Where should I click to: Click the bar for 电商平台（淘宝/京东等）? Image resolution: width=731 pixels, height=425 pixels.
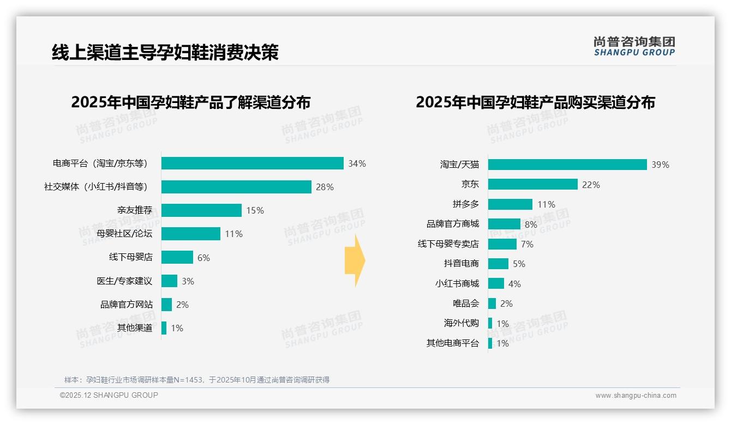(252, 163)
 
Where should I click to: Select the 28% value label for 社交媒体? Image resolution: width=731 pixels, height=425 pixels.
(325, 187)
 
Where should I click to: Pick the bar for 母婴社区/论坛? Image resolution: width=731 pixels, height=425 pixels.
(191, 234)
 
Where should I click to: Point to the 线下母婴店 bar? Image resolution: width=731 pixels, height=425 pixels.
(177, 257)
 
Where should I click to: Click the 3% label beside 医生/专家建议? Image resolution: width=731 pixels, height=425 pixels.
(188, 281)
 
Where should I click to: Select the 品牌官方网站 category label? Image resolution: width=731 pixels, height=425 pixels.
(127, 305)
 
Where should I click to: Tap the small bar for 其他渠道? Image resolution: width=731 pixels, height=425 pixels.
(164, 328)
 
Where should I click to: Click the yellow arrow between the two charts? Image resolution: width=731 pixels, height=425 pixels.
(355, 260)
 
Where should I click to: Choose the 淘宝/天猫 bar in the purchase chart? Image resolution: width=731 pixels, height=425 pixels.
(567, 165)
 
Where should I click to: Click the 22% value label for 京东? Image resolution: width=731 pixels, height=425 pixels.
(591, 185)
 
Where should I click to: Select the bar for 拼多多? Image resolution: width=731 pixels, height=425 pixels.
(510, 204)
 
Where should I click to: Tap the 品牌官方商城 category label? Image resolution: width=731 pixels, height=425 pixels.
(452, 224)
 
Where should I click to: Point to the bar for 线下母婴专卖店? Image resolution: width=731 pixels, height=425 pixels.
(502, 244)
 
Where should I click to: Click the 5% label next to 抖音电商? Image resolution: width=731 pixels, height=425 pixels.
(519, 264)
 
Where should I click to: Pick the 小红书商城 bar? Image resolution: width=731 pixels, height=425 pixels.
(496, 283)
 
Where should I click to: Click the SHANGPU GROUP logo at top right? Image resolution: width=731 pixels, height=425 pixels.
(634, 46)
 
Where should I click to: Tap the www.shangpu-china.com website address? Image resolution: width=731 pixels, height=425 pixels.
(636, 396)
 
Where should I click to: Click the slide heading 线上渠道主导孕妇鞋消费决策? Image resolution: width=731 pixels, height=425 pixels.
(165, 52)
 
